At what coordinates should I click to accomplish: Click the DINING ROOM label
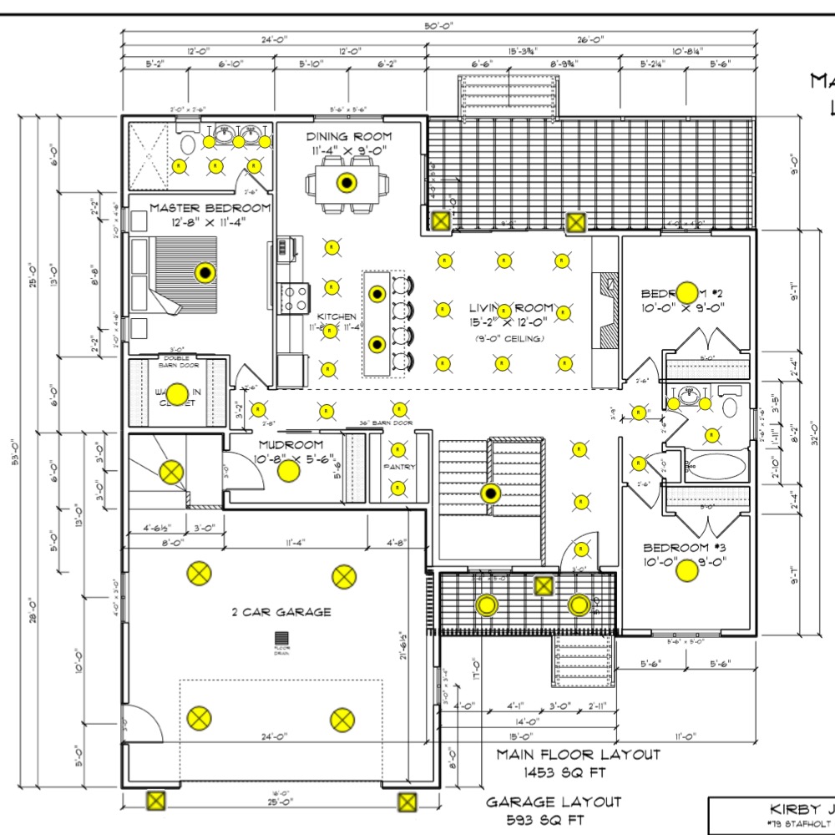(348, 136)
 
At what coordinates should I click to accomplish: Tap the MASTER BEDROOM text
(210, 208)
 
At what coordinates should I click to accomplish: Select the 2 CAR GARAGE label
(281, 612)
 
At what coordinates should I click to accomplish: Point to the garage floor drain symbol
(281, 639)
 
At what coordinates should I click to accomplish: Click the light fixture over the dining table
(345, 182)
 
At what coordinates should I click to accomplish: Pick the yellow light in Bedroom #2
(686, 292)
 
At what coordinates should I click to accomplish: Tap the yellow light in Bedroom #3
(686, 570)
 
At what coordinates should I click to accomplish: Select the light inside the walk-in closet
(176, 392)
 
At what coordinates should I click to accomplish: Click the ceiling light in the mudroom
(287, 472)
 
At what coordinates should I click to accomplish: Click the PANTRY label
(399, 467)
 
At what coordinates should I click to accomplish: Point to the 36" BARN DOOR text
(386, 423)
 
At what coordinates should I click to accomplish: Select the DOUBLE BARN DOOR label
(176, 361)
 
